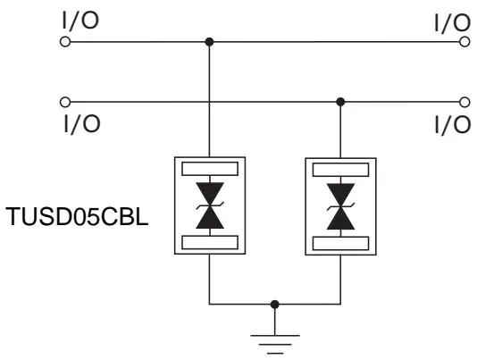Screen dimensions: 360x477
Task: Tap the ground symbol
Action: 275,341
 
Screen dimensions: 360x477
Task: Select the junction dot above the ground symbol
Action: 275,305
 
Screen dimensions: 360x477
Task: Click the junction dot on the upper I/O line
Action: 209,41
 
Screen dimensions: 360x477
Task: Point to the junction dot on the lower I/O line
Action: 340,101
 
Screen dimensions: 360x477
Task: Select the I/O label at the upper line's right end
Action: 450,22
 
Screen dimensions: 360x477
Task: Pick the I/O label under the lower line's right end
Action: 450,124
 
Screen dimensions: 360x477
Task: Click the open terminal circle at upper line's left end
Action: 63,41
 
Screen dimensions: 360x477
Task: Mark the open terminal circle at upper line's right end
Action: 464,41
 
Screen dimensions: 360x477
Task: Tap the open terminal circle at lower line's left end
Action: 63,101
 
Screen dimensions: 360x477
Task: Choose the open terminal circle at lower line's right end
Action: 464,101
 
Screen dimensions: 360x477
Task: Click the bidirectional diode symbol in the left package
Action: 209,205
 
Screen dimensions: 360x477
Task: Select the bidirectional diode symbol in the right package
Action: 340,205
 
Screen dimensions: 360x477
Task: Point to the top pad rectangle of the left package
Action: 209,168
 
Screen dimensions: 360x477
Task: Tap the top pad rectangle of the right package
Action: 340,168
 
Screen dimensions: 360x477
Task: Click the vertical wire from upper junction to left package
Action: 209,98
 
